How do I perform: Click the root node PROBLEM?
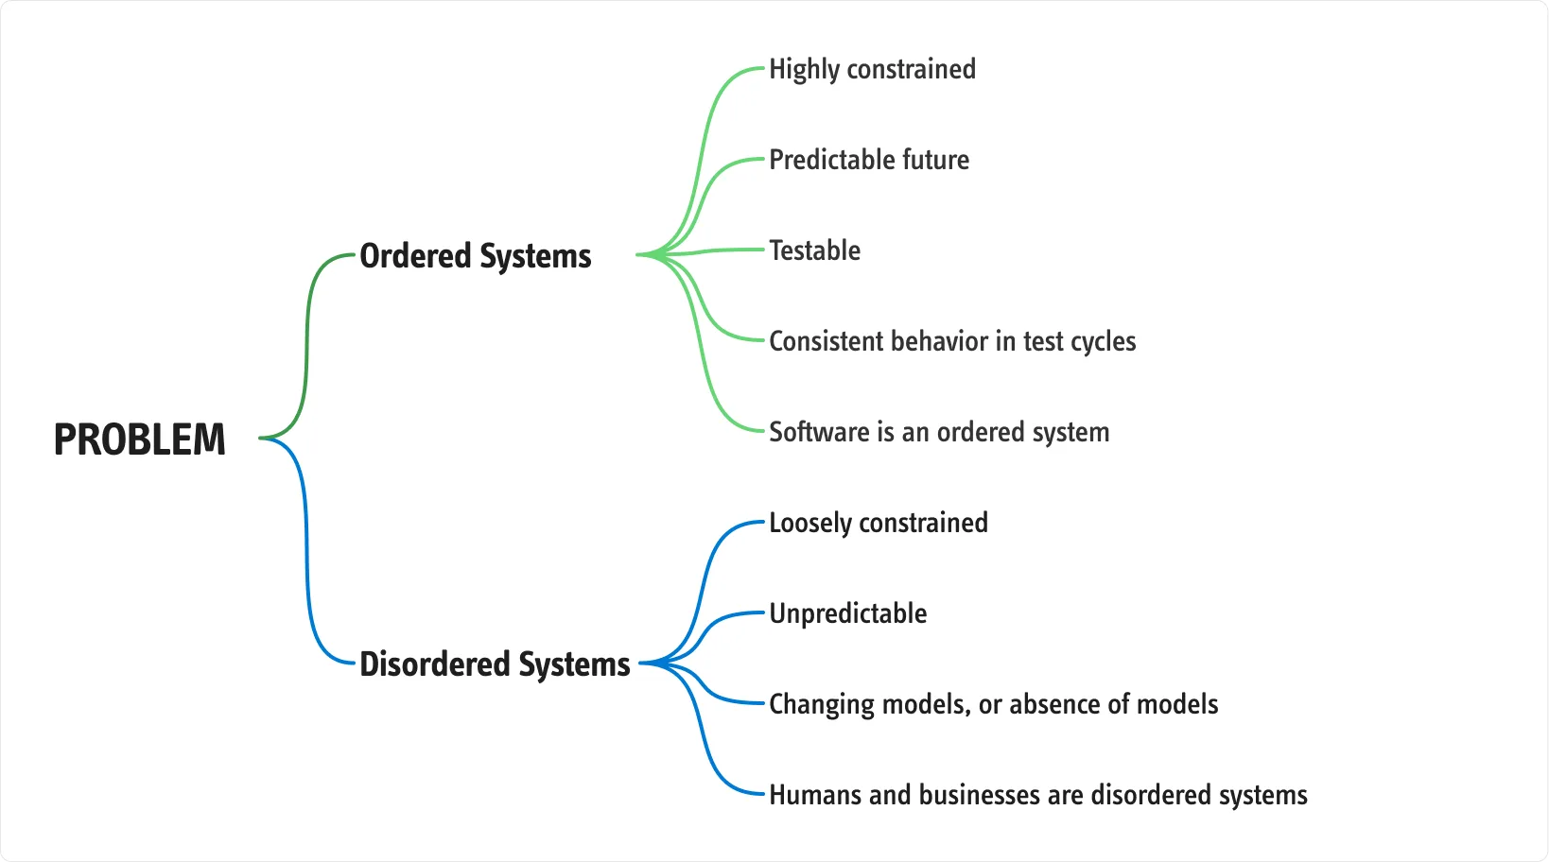pyautogui.click(x=140, y=439)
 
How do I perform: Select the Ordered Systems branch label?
pyautogui.click(x=476, y=256)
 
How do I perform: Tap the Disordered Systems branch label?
pyautogui.click(x=496, y=664)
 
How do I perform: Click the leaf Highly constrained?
pyautogui.click(x=872, y=70)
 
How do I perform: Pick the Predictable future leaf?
pyautogui.click(x=869, y=160)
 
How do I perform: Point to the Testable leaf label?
pyautogui.click(x=814, y=250)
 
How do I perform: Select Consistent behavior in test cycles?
pyautogui.click(x=952, y=341)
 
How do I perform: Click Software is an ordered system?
pyautogui.click(x=939, y=432)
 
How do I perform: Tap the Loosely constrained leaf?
pyautogui.click(x=879, y=524)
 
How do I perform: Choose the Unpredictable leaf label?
pyautogui.click(x=848, y=613)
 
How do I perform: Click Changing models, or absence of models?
pyautogui.click(x=994, y=704)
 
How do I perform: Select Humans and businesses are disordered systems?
pyautogui.click(x=1038, y=795)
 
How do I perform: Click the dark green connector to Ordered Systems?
pyautogui.click(x=306, y=346)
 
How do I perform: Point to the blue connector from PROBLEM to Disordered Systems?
pyautogui.click(x=306, y=551)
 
